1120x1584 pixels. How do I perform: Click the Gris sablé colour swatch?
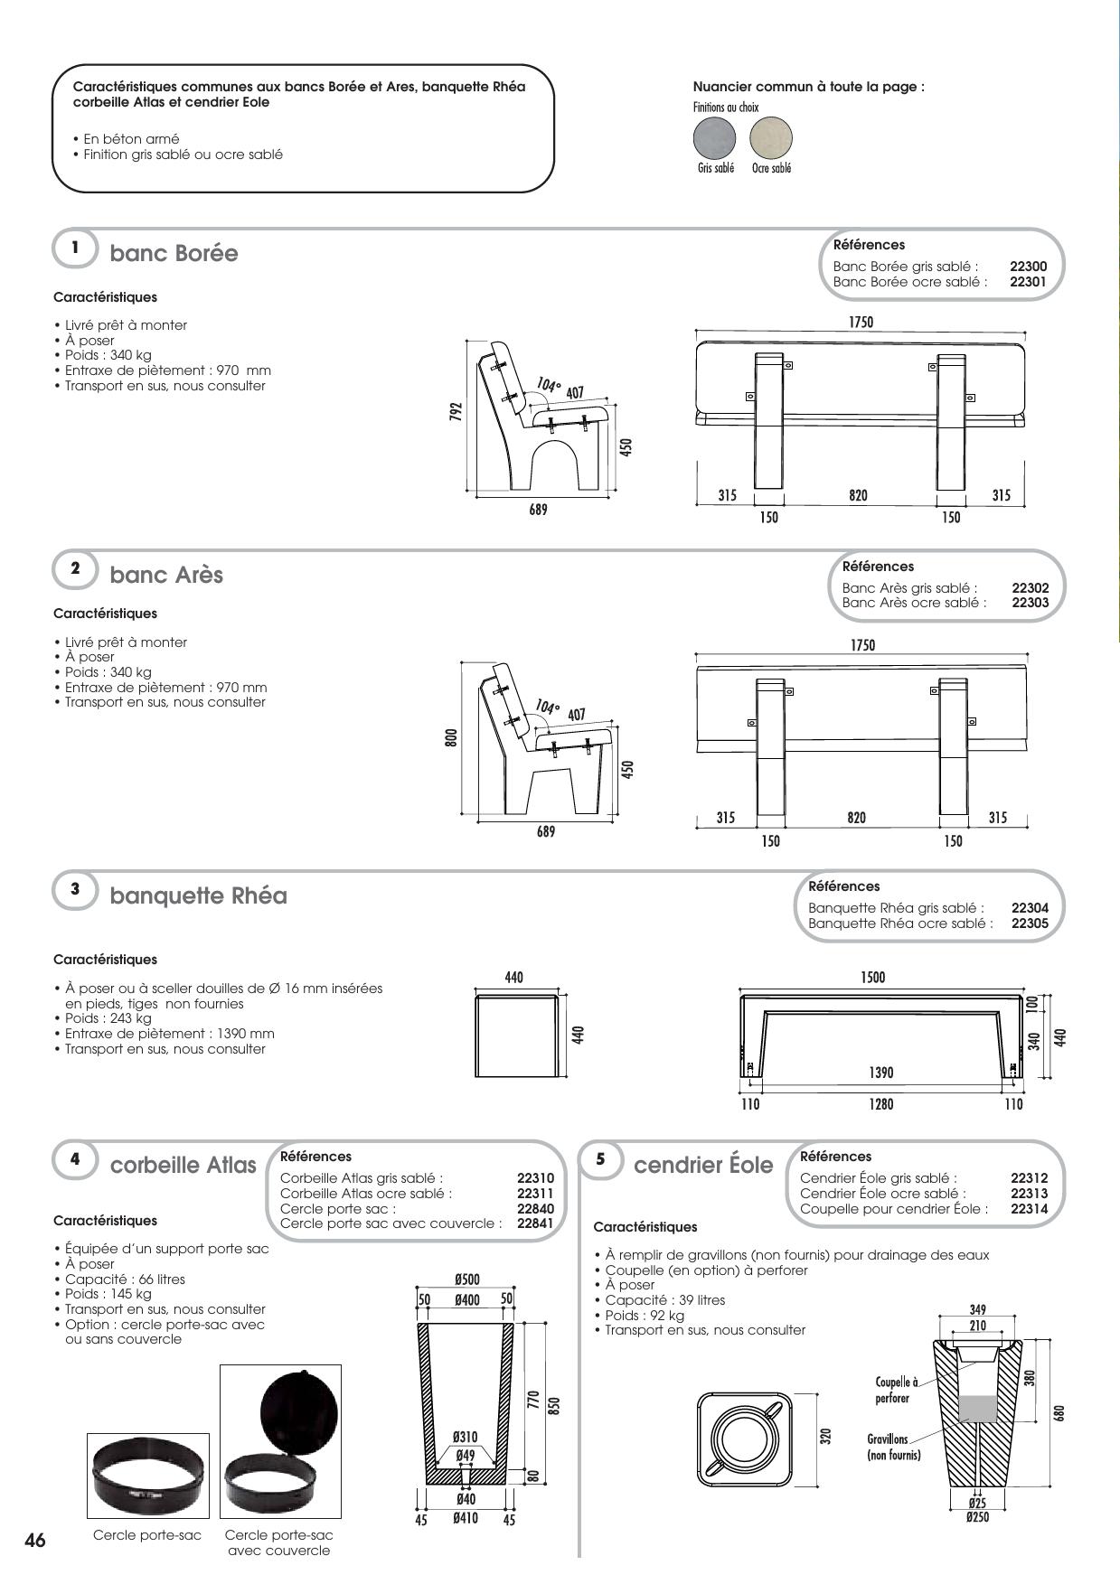(715, 138)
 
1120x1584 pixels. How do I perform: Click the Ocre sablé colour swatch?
(771, 138)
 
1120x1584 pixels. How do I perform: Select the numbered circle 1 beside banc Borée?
(75, 248)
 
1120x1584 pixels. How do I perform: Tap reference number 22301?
(1028, 282)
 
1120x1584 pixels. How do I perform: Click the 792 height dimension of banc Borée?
(457, 412)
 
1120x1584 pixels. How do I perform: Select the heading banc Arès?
(166, 575)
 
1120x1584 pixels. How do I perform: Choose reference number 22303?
(1030, 603)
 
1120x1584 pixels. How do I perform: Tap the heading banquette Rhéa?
(198, 895)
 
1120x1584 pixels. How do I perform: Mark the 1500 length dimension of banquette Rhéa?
(873, 977)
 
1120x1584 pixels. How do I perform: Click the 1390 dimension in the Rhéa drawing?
(880, 1073)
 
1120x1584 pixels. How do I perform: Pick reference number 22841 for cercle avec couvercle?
(535, 1223)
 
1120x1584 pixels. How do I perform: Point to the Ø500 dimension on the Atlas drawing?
(467, 1279)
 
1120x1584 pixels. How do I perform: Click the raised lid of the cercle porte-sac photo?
(299, 1411)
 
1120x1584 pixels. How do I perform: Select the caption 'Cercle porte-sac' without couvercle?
(147, 1535)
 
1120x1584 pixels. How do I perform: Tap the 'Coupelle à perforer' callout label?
(896, 1390)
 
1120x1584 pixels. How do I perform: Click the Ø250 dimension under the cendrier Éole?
(977, 1517)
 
